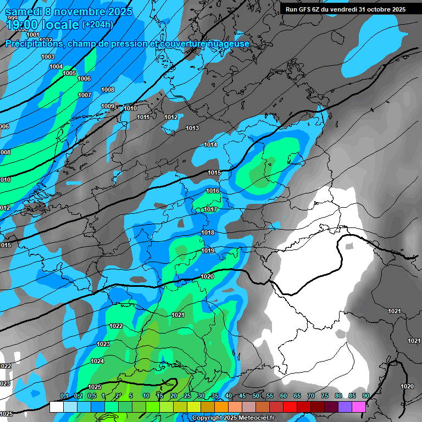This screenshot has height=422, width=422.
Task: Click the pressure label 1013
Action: tap(192, 128)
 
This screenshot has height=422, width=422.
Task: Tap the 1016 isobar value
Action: tap(213, 191)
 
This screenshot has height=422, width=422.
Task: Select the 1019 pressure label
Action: tap(208, 251)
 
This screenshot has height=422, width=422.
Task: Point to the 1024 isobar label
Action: tap(97, 361)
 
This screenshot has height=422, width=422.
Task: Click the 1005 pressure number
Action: tap(69, 73)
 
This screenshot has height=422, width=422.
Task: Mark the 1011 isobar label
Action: tap(143, 117)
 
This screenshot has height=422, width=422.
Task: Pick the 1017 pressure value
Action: tap(210, 209)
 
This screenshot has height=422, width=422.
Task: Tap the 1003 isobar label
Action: tap(48, 57)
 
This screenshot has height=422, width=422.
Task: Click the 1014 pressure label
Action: tap(211, 145)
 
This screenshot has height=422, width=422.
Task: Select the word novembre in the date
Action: tap(81, 12)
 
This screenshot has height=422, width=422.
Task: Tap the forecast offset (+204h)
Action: tap(97, 24)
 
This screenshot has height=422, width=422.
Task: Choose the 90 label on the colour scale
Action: tap(365, 396)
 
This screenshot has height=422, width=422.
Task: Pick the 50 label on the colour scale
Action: tap(256, 396)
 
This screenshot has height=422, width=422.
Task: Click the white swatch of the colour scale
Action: tap(56, 407)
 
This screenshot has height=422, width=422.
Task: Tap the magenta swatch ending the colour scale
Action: tap(359, 407)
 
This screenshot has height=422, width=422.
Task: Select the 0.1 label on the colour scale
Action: tap(64, 396)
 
